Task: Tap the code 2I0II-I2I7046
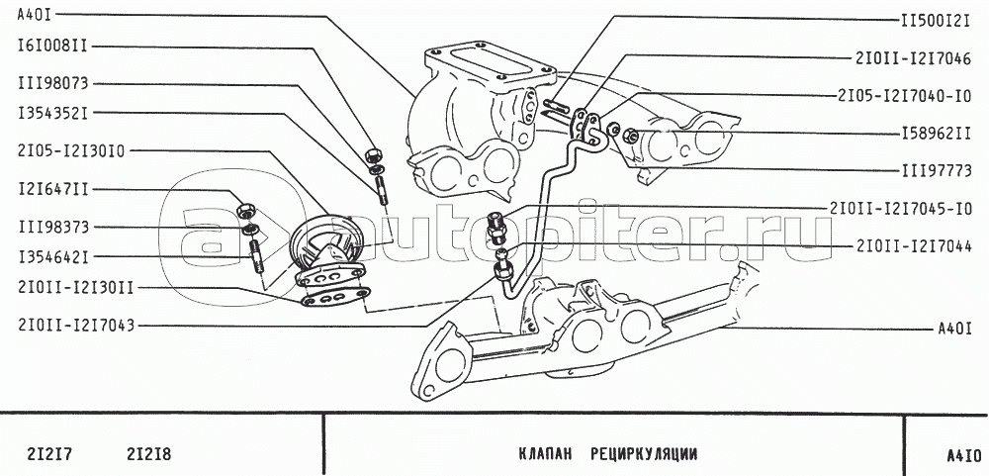click(913, 57)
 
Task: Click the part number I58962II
click(936, 134)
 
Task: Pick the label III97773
click(936, 170)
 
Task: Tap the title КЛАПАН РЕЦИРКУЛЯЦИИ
click(608, 454)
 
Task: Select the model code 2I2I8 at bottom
click(149, 454)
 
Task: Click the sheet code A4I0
click(963, 456)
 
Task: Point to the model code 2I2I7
click(49, 454)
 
